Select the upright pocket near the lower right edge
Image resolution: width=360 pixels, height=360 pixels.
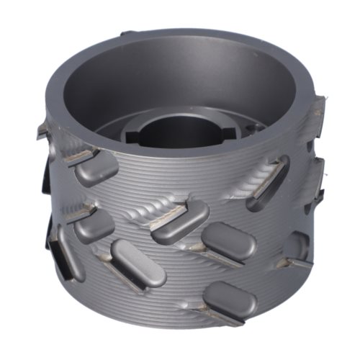[x=297, y=246]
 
